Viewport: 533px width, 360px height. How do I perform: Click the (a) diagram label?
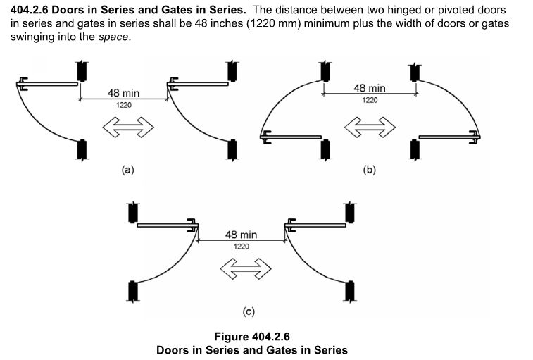pos(127,169)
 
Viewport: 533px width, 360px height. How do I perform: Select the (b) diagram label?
pos(370,169)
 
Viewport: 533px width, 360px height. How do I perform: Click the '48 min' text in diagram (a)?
pos(123,93)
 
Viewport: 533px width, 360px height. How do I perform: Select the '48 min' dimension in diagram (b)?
pos(370,88)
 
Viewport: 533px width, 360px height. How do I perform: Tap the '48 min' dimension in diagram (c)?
pos(242,235)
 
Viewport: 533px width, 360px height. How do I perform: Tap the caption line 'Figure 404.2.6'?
pos(251,336)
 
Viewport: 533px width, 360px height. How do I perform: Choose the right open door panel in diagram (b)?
pos(449,137)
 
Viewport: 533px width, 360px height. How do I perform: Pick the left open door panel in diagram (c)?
pos(165,226)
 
